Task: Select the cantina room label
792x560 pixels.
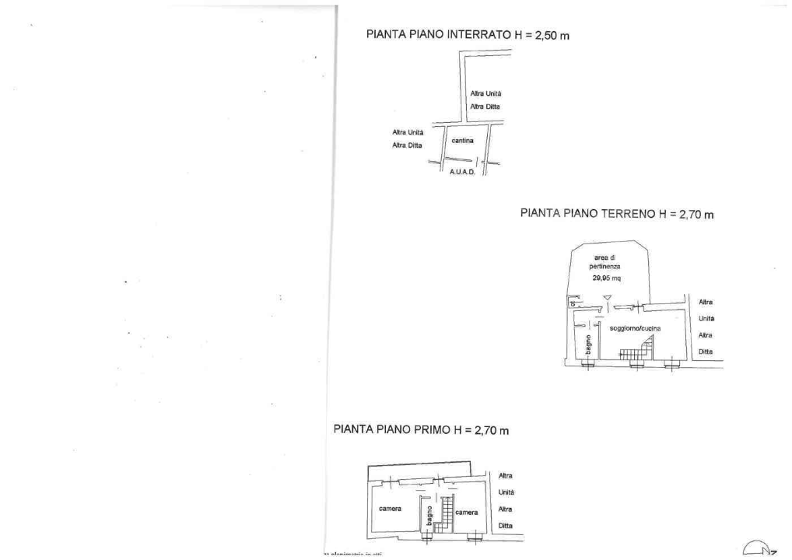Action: click(x=463, y=141)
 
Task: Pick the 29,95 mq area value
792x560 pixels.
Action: click(x=607, y=278)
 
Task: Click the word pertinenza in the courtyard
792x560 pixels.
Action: click(x=605, y=266)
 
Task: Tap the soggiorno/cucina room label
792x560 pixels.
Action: click(x=635, y=329)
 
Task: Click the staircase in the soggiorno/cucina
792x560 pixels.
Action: click(x=636, y=351)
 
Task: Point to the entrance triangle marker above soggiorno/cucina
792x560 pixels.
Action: click(x=608, y=298)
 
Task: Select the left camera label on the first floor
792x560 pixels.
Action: click(x=390, y=509)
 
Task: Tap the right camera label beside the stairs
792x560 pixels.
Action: click(x=467, y=513)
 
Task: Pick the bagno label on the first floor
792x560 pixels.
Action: click(x=428, y=514)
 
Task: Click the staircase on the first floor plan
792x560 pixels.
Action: click(x=444, y=513)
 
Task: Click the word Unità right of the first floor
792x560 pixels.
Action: click(x=506, y=492)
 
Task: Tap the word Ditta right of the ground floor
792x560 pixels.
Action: click(x=706, y=352)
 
